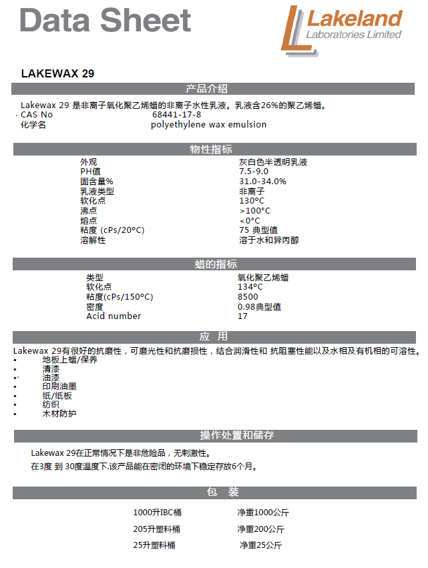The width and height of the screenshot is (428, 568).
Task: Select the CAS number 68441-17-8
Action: click(x=176, y=115)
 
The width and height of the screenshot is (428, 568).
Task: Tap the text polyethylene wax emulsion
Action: click(x=208, y=125)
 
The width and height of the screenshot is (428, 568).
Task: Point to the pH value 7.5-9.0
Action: click(x=254, y=172)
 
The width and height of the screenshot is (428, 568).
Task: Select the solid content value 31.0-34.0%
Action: click(x=262, y=182)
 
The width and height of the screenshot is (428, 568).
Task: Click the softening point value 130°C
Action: click(x=252, y=201)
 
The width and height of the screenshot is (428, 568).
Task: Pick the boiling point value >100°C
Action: click(x=254, y=211)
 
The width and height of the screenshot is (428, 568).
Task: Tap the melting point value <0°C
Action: click(x=250, y=220)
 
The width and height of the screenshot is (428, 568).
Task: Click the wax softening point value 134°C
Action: click(x=250, y=287)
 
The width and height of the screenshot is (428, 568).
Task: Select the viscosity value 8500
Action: click(x=248, y=297)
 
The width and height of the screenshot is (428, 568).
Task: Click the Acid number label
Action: click(x=114, y=316)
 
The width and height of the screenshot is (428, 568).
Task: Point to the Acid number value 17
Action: click(x=242, y=316)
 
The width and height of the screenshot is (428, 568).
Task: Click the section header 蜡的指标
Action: click(x=214, y=264)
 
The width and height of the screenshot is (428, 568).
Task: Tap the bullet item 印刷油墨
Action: click(x=59, y=386)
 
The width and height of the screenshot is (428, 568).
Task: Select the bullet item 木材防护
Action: click(x=59, y=414)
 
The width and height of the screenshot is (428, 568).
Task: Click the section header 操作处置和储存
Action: click(x=237, y=435)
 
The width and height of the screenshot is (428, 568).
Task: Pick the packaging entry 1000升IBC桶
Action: click(x=157, y=513)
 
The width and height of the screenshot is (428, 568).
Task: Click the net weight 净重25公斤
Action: click(x=260, y=545)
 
